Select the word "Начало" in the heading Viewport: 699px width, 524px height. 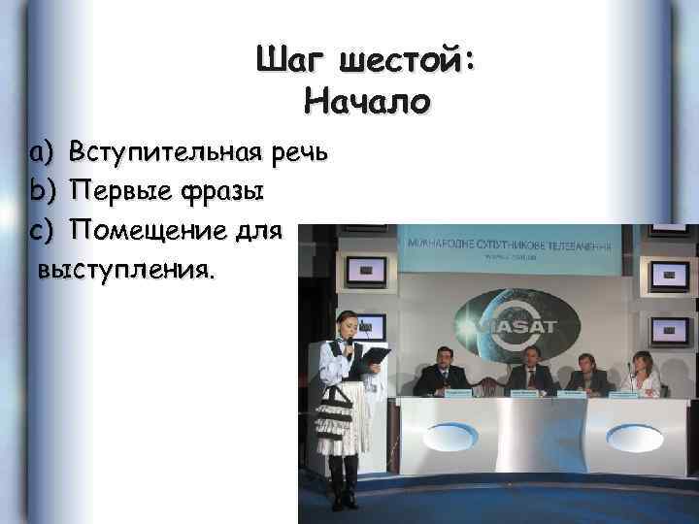366,101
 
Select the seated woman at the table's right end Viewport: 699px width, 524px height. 644,374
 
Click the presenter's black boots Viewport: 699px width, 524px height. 341,485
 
